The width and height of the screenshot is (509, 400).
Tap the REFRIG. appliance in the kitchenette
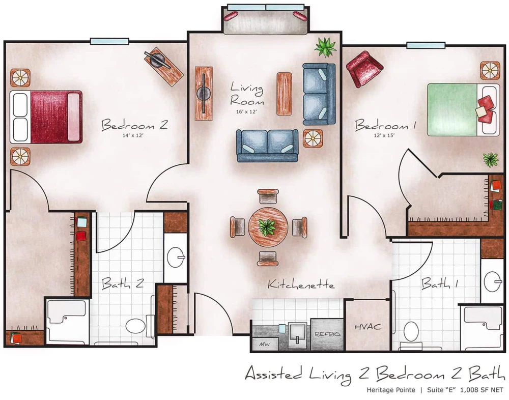327,334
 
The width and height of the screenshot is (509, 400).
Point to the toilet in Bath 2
136,326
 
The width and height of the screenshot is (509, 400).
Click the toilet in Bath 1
411,332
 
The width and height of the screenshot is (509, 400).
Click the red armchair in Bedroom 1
364,68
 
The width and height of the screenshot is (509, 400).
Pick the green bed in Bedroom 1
453,110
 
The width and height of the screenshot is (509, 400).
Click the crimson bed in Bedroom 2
48,117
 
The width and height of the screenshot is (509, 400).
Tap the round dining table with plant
268,226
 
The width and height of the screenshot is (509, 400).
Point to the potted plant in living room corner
325,47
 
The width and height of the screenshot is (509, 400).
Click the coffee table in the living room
284,94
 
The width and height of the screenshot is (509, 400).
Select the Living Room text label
246,94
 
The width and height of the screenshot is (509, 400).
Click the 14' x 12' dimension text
118,136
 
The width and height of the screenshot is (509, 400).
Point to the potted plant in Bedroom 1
491,160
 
